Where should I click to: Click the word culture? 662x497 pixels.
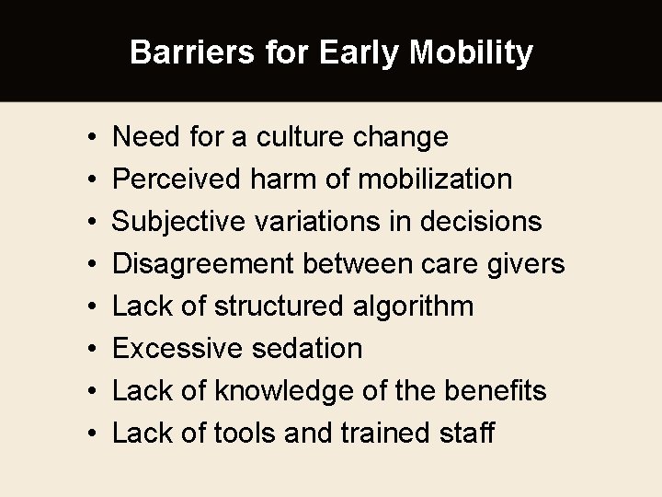[301, 138]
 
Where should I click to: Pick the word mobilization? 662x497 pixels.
[435, 179]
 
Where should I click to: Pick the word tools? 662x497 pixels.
[248, 433]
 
